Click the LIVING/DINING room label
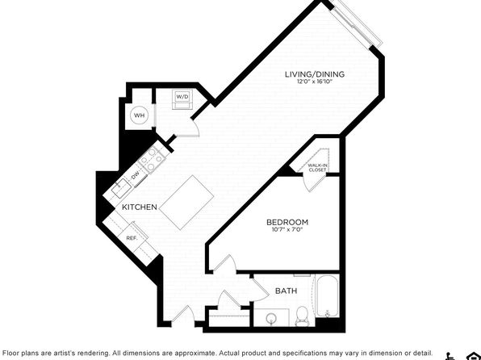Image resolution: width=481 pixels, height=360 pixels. pos(315,74)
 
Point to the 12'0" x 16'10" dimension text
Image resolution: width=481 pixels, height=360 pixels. pos(315,82)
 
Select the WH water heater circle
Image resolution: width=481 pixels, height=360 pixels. pos(140,115)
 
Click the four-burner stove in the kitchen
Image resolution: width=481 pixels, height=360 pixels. pos(153,160)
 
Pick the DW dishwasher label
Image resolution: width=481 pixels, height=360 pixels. pos(136,176)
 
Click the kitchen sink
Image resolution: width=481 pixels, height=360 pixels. pos(122,189)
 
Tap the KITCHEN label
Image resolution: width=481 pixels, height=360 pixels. pos(140,207)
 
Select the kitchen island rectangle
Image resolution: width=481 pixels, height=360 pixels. pos(186,203)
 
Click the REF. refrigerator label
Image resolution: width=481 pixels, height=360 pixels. pos(132,238)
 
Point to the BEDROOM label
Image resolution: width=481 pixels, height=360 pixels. pos(287,222)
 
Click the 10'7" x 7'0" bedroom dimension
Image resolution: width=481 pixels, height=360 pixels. pos(287,229)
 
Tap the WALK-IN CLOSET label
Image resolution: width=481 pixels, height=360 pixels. pos(317,168)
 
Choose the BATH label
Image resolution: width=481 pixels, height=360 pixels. pos(286,291)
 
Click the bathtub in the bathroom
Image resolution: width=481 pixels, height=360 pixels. pos(328,296)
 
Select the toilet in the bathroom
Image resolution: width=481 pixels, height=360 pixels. pos(302,316)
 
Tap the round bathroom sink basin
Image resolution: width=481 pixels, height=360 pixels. pos(271,317)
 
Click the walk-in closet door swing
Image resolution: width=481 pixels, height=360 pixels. pos(311,183)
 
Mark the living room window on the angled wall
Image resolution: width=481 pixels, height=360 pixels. pos(357,24)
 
